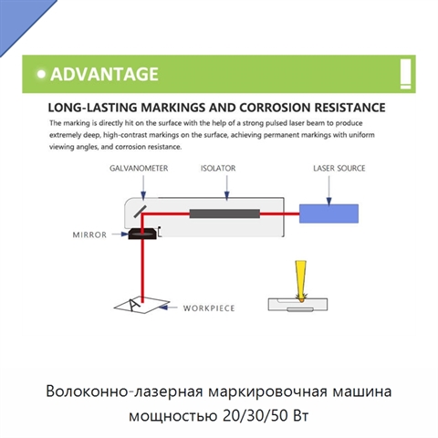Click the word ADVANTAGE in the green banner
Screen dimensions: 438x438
tap(104, 74)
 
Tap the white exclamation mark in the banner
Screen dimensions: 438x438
tap(405, 74)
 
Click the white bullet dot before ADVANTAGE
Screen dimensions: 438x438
tap(41, 74)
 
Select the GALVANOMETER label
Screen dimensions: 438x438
tap(139, 168)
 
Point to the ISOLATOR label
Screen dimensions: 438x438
tap(218, 168)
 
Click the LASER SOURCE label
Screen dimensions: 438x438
tap(339, 168)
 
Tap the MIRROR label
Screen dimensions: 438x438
tap(89, 235)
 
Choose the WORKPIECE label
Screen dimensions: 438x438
tap(209, 308)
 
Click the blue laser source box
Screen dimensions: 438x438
tap(328, 214)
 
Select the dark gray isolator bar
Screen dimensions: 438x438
tap(224, 214)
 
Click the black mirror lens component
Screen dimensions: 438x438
tap(142, 234)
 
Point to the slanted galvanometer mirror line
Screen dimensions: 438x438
tap(140, 212)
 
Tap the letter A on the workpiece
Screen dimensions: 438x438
tap(134, 305)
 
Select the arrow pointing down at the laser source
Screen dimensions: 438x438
tap(328, 191)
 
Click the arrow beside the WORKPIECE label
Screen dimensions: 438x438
tap(168, 308)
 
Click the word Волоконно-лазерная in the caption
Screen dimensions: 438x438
tap(124, 391)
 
